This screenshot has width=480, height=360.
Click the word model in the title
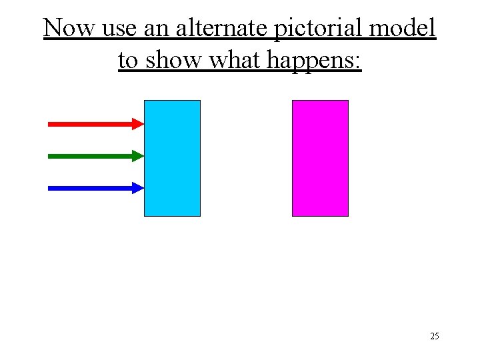(x=405, y=28)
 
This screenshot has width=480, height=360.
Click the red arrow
(x=93, y=123)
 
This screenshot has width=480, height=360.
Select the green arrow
(x=93, y=156)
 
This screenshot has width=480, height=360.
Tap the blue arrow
(x=93, y=188)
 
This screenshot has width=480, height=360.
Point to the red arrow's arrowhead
(x=139, y=123)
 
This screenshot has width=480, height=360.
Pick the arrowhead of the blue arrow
(x=139, y=188)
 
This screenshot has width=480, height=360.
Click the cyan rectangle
(x=172, y=158)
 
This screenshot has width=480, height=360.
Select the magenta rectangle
(x=320, y=158)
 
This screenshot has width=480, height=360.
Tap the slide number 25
(x=435, y=336)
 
